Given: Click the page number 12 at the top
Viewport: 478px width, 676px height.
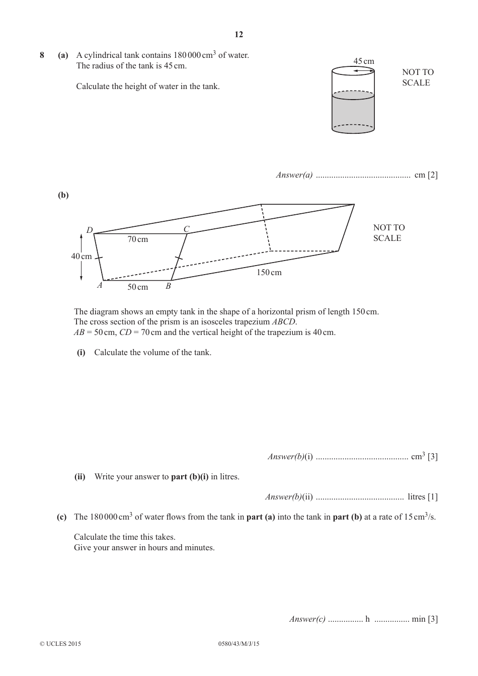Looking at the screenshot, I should pos(238,34).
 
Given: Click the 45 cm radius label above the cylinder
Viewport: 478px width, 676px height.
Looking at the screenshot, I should pos(363,61).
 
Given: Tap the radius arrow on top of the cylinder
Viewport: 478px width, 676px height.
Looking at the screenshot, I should pos(363,71).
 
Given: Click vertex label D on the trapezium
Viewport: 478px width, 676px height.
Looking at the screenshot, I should pos(90,230).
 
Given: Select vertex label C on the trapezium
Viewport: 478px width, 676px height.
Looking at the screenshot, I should pos(186,229).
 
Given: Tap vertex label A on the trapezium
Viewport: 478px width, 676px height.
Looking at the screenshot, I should pos(100,285).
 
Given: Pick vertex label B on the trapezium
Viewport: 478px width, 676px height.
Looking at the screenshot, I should pos(168,286).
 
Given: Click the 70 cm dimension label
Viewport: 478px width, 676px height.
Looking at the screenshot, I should pos(137,239).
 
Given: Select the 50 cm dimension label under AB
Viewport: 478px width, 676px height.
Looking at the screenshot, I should pos(137,287).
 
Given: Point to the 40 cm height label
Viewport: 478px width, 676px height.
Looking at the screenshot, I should pos(81,257).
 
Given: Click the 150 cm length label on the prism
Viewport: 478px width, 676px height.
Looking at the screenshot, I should pos(269,273).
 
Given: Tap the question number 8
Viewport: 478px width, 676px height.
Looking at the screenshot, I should pos(42,55).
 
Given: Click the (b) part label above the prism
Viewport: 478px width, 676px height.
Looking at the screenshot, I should pos(63,195).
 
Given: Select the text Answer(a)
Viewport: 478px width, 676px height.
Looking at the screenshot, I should pos(294,175).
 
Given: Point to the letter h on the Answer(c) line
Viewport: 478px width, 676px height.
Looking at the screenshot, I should pos(367,619).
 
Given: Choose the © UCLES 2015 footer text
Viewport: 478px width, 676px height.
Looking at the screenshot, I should pos(60,644).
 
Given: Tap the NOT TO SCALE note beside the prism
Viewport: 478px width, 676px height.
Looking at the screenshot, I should pos(388,233).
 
